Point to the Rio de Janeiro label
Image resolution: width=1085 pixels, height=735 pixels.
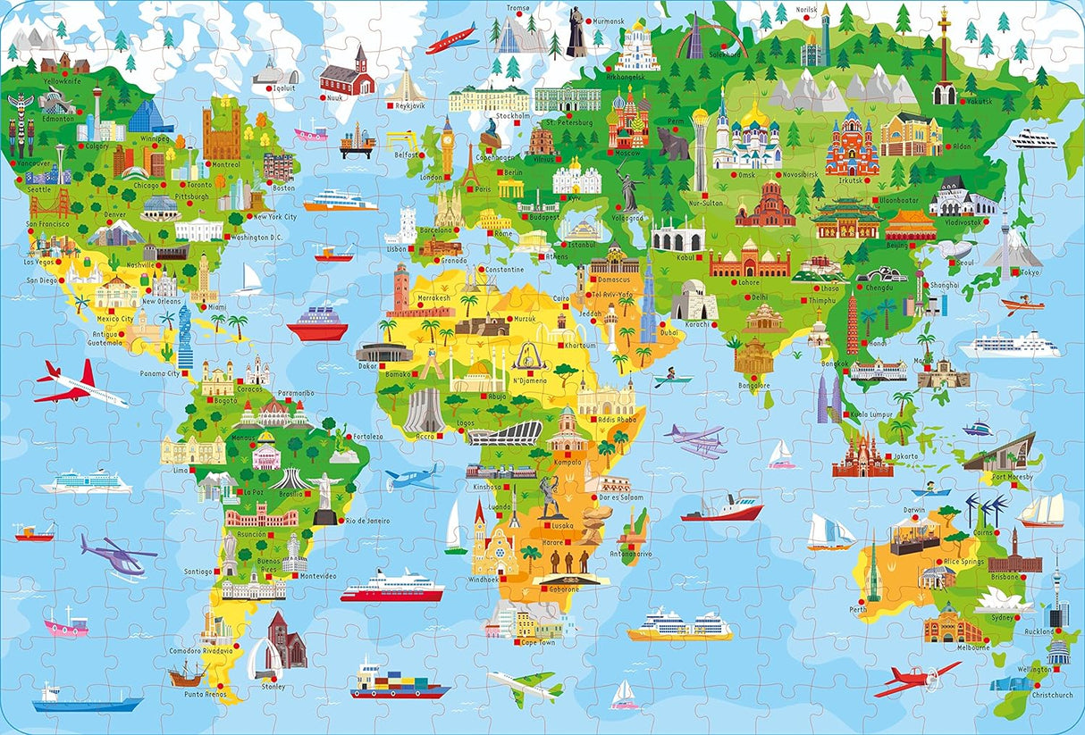[365, 521]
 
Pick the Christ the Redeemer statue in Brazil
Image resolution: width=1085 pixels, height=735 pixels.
[325, 492]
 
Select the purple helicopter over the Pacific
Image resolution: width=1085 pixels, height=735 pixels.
[116, 557]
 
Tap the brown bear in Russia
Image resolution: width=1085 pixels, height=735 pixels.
[672, 143]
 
